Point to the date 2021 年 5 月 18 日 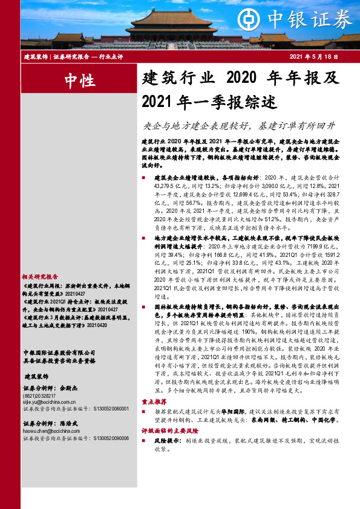click(x=315, y=56)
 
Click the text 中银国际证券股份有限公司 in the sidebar click(x=59, y=352)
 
